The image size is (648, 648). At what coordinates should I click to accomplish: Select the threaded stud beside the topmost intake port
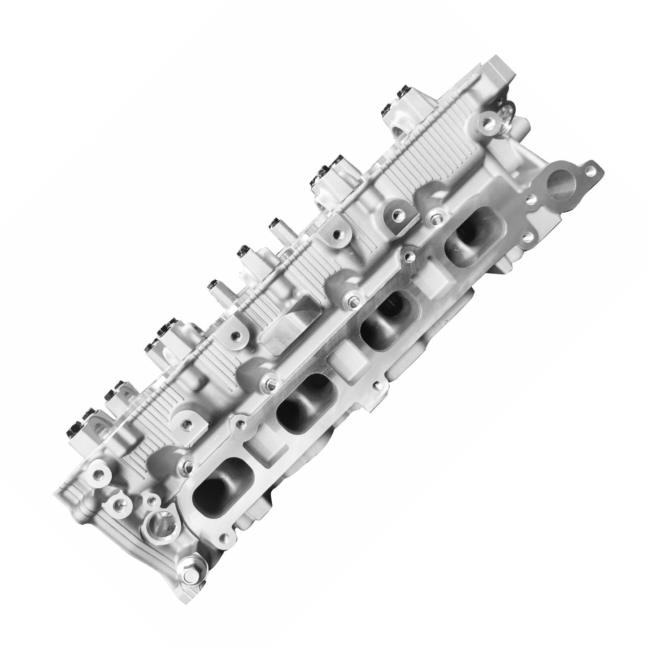coord(434,218)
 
